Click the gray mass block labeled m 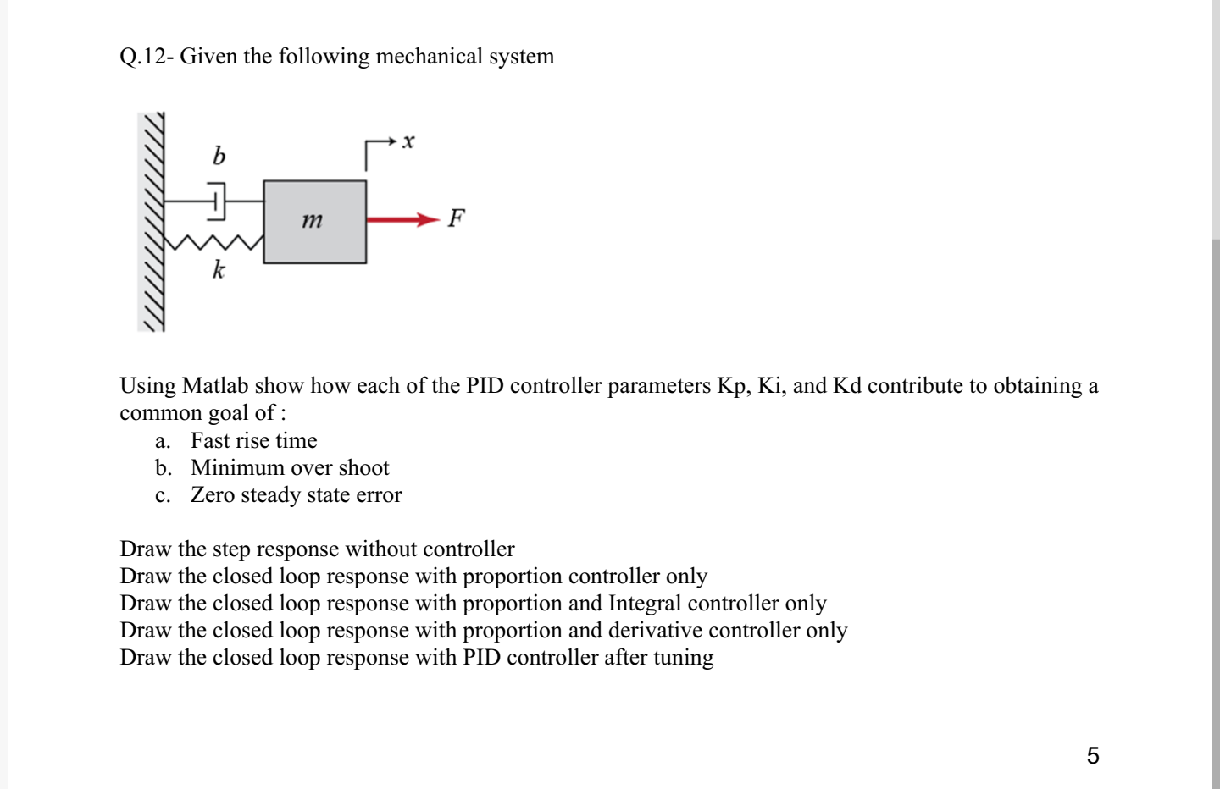(314, 221)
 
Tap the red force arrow (403, 220)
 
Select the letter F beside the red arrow (457, 218)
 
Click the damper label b (219, 156)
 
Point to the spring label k (219, 271)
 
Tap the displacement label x (408, 141)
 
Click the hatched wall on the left (152, 222)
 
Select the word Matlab (215, 386)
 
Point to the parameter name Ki (769, 386)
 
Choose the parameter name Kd (847, 386)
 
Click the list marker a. (163, 441)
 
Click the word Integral (645, 604)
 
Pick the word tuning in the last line (684, 658)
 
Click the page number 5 (1093, 755)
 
